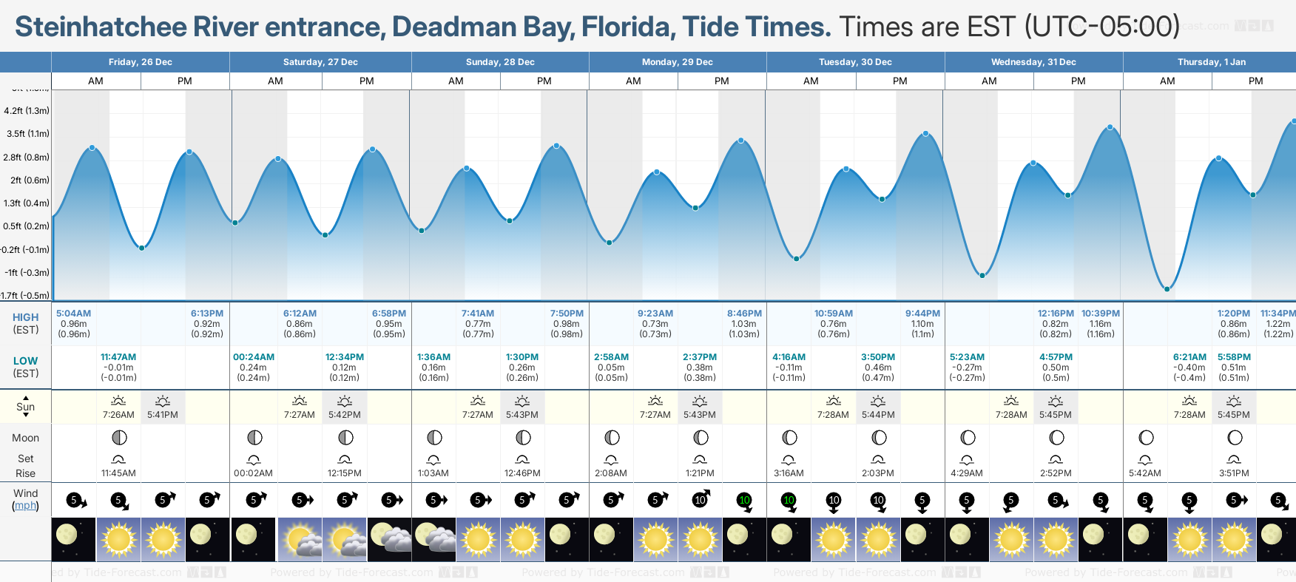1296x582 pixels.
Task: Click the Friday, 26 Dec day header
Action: coord(140,62)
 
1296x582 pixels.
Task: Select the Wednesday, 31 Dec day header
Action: coord(1033,62)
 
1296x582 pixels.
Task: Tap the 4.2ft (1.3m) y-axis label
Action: coord(27,111)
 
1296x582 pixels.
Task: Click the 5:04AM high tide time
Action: coord(73,314)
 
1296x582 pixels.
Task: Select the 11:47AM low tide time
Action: coord(118,357)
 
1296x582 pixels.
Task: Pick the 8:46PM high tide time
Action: coord(744,314)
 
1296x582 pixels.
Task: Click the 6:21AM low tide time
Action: coord(1189,357)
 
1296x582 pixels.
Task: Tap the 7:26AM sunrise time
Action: coord(118,415)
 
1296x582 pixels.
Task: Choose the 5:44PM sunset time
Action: coord(878,415)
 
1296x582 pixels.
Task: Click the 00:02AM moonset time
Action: coord(254,473)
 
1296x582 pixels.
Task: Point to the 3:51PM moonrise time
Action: coord(1234,473)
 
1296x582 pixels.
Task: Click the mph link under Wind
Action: coord(26,506)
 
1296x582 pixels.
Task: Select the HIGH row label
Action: coord(25,317)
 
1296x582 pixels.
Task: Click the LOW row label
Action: coord(25,361)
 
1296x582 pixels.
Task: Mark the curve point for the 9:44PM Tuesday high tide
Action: coord(925,134)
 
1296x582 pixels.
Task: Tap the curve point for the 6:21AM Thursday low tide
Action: coord(1167,289)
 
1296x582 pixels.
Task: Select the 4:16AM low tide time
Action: coord(789,357)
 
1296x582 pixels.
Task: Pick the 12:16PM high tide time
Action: coord(1056,314)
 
